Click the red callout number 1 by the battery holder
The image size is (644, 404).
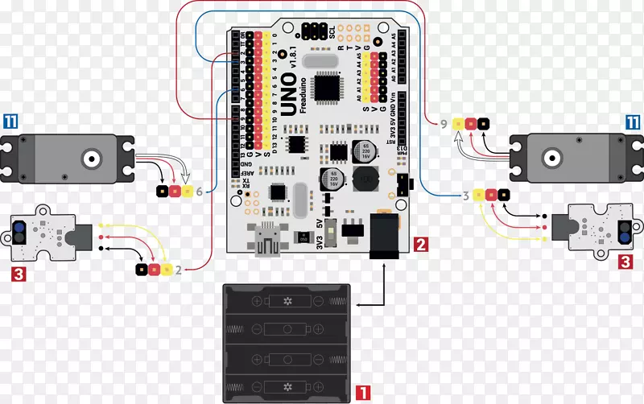(x=362, y=393)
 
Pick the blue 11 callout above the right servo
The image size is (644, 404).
(x=634, y=122)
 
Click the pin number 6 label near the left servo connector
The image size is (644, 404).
(x=200, y=192)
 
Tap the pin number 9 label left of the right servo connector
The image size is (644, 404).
(x=444, y=124)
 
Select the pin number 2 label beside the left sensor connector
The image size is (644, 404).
(x=178, y=270)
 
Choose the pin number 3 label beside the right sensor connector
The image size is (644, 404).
(x=465, y=195)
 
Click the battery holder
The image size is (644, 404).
(x=288, y=341)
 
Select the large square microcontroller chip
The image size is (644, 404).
(x=329, y=88)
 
